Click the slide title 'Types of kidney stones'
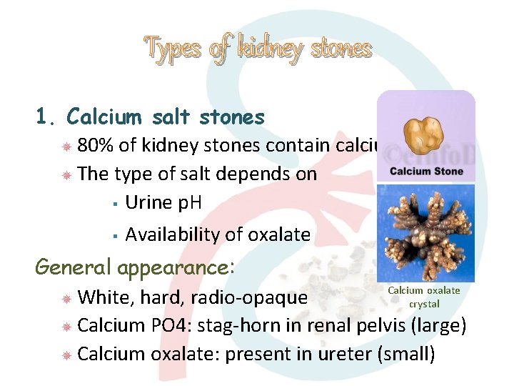coord(258,49)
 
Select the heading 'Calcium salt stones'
coord(165,117)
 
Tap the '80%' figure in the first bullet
coord(95,146)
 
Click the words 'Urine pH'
coord(163,202)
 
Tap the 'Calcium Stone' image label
coord(426,172)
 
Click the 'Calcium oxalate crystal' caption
coord(423,297)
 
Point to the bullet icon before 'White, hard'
coord(65,298)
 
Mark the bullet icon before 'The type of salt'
coord(65,174)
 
